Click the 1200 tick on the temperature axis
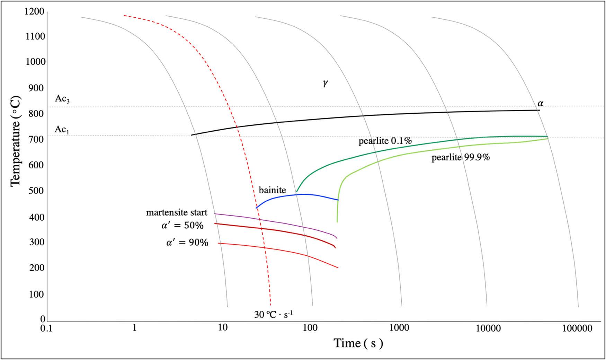35,12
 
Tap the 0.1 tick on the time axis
46,328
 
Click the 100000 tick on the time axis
577,328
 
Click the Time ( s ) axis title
358,343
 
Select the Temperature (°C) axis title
16,141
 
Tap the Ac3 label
62,99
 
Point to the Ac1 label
62,130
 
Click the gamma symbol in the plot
325,83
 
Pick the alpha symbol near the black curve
540,103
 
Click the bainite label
273,190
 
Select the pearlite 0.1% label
385,141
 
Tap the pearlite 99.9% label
461,158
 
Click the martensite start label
177,212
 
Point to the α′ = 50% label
182,226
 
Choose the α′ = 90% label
187,243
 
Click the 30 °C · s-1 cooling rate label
274,314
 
